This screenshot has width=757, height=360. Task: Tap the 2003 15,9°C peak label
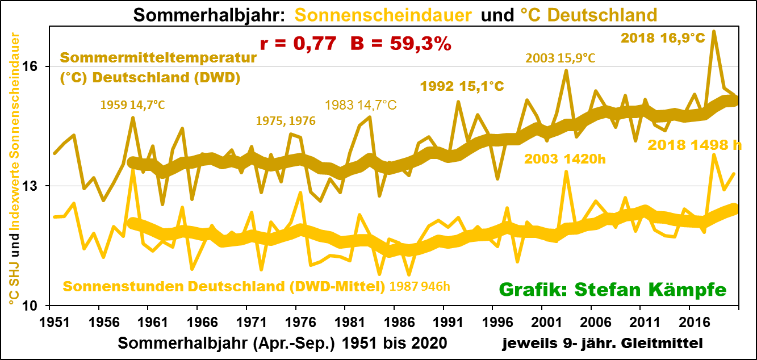pos(560,58)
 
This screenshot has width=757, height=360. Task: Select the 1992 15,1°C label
pos(462,86)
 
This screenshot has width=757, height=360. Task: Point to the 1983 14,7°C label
pos(360,105)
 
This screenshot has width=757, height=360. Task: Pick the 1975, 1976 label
pos(285,121)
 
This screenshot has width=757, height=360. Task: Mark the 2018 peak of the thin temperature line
pos(714,32)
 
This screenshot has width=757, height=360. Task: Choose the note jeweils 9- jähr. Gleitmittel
pos(602,344)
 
